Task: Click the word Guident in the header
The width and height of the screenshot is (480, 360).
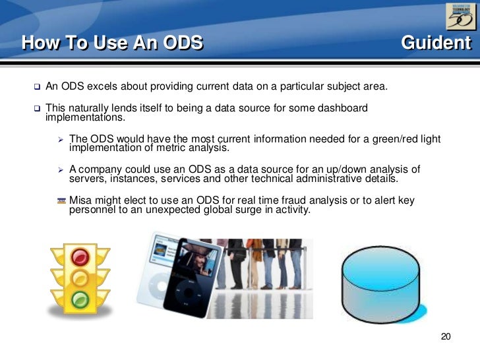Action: [x=436, y=44]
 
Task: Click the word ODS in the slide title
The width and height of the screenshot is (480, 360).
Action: [x=180, y=44]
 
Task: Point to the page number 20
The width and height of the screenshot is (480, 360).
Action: [x=445, y=338]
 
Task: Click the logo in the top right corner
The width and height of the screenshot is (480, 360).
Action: [x=460, y=16]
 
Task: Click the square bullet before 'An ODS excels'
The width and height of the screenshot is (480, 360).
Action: [x=37, y=87]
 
